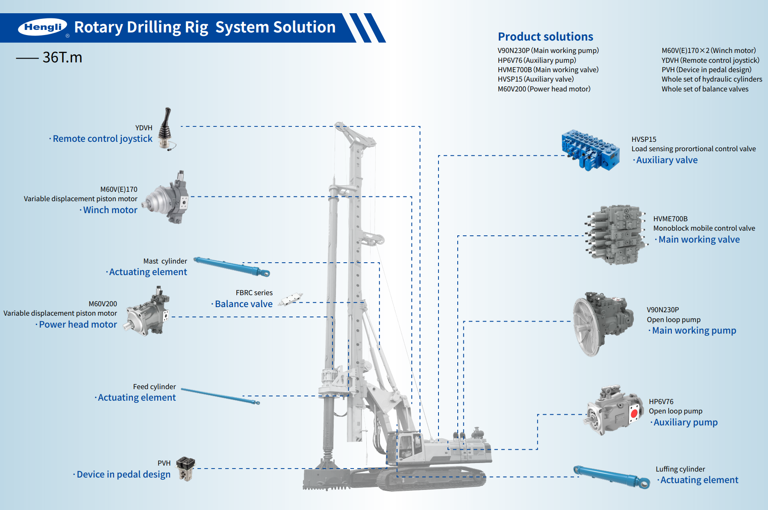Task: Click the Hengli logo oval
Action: (42, 27)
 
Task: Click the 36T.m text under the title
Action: (62, 57)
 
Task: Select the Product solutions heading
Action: (545, 37)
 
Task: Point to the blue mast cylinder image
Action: (232, 267)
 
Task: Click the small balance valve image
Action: (291, 299)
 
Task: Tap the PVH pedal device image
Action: (186, 468)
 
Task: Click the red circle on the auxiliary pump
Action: (634, 413)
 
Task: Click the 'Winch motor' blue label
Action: (110, 210)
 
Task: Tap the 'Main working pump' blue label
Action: (694, 331)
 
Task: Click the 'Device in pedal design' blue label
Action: (123, 475)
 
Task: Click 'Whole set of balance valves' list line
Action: (705, 89)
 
